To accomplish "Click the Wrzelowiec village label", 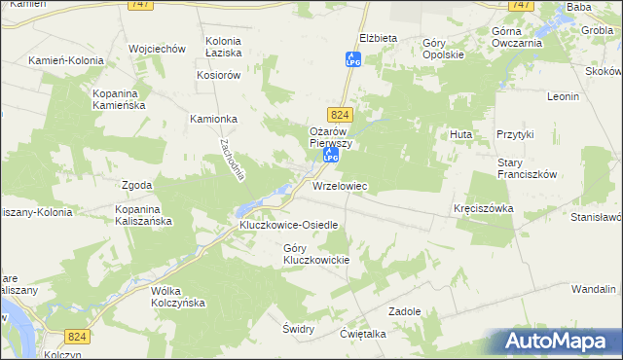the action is (x=339, y=185).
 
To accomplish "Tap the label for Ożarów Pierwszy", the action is (x=329, y=137).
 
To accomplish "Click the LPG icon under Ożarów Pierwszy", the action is (x=330, y=156).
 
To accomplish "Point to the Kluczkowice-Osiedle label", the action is (x=289, y=225).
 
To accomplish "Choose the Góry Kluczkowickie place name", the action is (x=316, y=253).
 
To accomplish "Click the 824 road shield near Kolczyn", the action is (x=79, y=336).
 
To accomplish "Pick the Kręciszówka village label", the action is (x=483, y=209).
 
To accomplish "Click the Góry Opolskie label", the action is (x=443, y=50).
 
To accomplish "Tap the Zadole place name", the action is (x=403, y=311).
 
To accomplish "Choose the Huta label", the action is (x=460, y=132).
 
